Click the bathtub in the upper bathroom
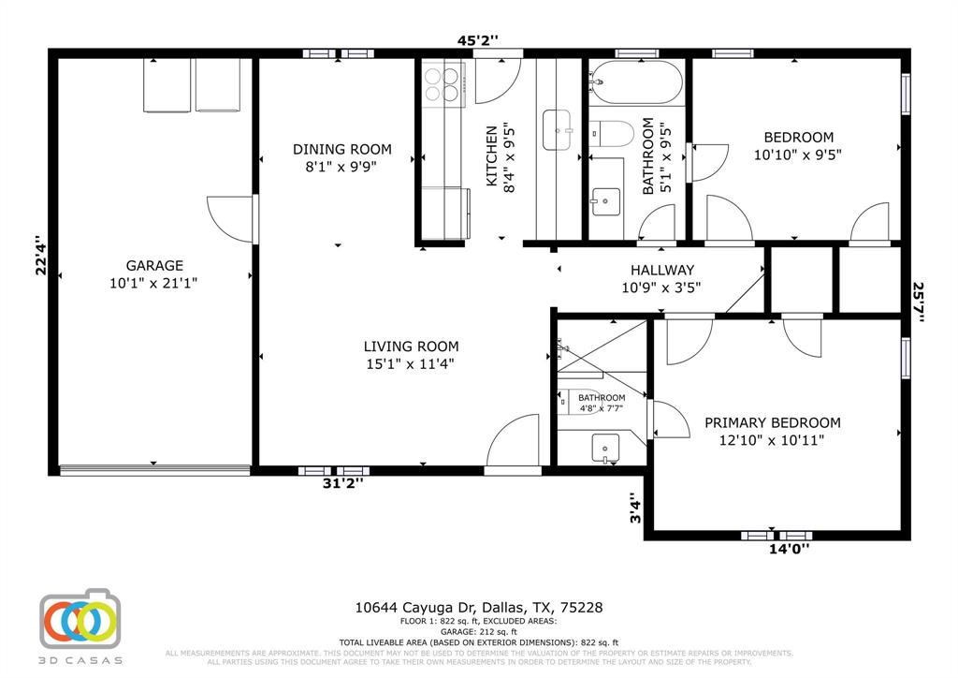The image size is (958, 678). pyautogui.click(x=638, y=83)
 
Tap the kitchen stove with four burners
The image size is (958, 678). pyautogui.click(x=443, y=83)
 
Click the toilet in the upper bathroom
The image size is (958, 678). pyautogui.click(x=613, y=133)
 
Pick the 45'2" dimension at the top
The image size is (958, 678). pyautogui.click(x=477, y=40)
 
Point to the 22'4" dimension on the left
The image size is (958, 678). pyautogui.click(x=40, y=256)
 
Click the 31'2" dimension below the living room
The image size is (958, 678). pyautogui.click(x=343, y=483)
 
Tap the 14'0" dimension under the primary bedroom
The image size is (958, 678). pyautogui.click(x=789, y=550)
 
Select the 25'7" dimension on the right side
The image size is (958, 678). pyautogui.click(x=919, y=302)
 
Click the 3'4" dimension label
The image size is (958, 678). pyautogui.click(x=635, y=510)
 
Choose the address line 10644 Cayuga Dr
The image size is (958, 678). pyautogui.click(x=478, y=608)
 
